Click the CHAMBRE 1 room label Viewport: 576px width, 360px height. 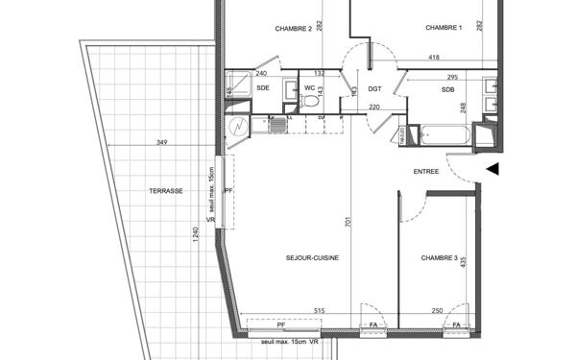point(444,29)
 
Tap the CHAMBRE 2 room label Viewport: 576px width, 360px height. point(294,29)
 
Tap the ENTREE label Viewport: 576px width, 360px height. point(426,172)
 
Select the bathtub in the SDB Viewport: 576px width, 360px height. point(442,136)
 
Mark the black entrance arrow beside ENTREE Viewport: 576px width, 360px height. point(493,169)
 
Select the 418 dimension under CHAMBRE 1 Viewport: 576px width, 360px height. point(433,58)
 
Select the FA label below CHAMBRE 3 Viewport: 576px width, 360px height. point(457,326)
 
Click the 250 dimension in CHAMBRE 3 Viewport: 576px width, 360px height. point(437,310)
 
